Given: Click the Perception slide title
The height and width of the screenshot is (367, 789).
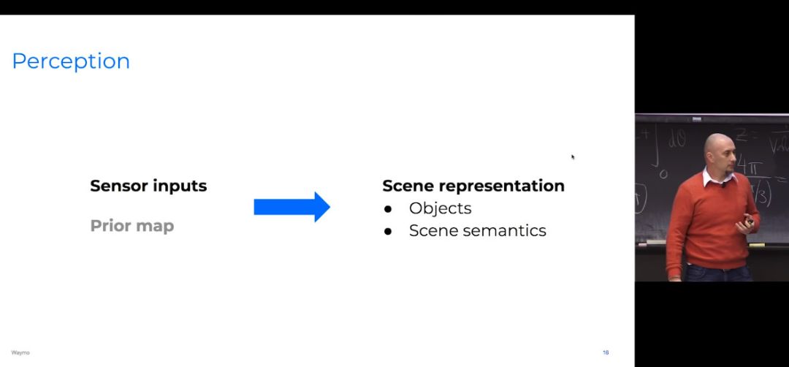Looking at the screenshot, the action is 71,61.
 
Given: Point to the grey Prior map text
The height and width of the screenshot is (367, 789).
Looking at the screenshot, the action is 132,226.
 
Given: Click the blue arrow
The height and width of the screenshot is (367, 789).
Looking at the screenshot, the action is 291,207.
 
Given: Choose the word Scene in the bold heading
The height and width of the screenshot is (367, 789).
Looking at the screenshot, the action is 408,186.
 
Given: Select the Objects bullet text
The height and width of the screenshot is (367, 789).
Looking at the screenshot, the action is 440,208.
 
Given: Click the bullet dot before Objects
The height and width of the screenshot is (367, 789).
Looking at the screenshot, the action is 388,209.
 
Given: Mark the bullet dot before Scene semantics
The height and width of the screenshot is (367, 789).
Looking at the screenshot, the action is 388,231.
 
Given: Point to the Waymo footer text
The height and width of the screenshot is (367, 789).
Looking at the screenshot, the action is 20,352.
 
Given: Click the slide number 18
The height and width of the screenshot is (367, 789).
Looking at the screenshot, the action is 606,352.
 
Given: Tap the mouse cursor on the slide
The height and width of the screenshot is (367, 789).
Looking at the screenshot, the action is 573,156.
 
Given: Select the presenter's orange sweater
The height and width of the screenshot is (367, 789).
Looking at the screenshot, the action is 701,219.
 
